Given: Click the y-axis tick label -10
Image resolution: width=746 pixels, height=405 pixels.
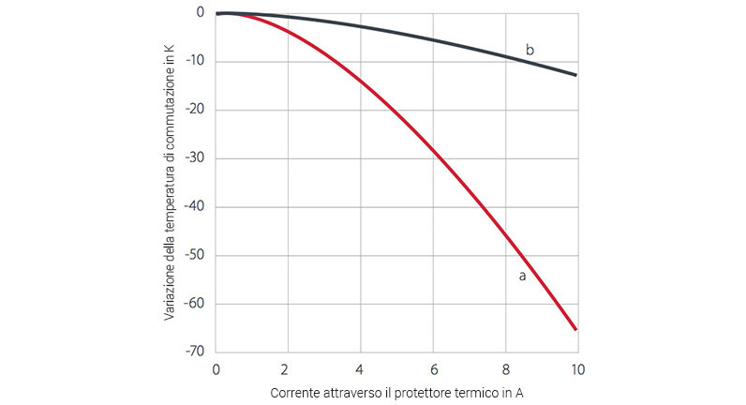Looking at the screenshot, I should point(195,62).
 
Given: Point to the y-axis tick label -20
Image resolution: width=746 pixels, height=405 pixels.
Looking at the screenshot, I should point(195,111).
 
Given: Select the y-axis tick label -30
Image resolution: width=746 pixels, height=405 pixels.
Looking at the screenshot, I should point(195,158).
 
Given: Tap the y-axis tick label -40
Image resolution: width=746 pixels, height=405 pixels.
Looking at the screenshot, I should point(195,207).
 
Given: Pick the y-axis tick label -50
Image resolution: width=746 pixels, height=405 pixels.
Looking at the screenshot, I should point(195,255).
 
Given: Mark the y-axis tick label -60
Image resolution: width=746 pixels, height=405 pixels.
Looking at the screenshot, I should point(195,304).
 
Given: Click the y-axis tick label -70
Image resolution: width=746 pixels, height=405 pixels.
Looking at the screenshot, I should point(195,352).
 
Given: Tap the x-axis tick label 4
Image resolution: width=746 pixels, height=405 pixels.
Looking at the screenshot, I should point(360,368).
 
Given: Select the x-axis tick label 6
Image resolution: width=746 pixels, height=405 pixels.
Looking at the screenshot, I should point(432,368).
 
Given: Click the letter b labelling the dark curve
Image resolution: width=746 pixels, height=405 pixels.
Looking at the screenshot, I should point(530,50).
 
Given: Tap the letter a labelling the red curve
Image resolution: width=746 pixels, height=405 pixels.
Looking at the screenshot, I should point(522,276).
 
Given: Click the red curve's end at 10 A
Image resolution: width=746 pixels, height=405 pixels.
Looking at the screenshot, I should point(575,329).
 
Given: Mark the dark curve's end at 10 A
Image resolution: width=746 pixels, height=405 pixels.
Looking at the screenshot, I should point(575,75).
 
